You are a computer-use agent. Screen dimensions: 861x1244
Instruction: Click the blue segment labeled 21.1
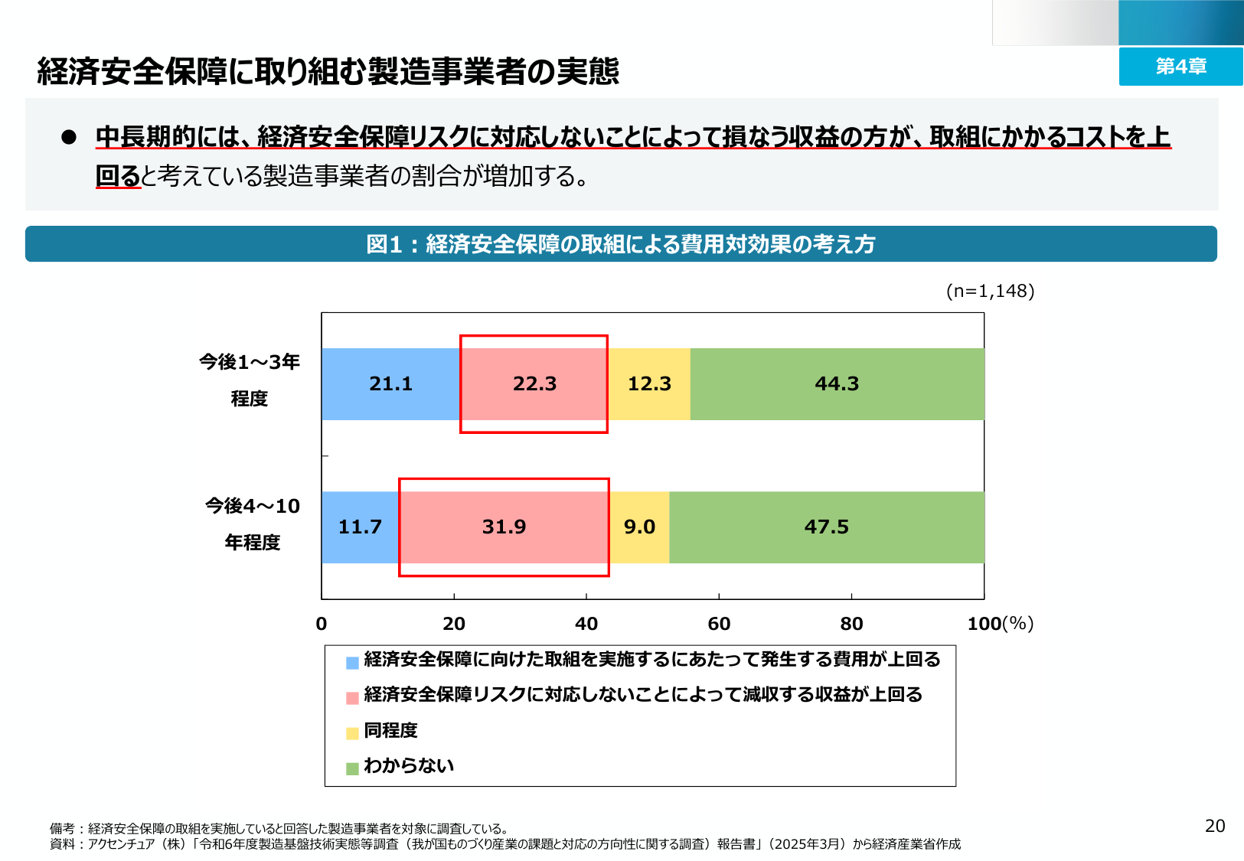click(x=390, y=383)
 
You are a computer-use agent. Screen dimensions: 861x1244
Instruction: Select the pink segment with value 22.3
click(x=534, y=383)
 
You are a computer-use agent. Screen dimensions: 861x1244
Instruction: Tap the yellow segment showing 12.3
click(x=649, y=383)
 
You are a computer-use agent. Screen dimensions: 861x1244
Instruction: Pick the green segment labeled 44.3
click(x=837, y=383)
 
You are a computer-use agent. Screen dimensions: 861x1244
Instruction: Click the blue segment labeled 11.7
click(x=360, y=527)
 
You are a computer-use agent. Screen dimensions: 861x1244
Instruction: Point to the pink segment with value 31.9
click(x=504, y=527)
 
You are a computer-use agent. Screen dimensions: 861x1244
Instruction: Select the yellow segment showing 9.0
click(x=639, y=527)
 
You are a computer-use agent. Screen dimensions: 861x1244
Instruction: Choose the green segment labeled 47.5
click(x=827, y=527)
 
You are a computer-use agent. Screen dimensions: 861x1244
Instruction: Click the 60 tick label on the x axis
click(x=719, y=624)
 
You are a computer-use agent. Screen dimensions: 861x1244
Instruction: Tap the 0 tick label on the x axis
click(x=322, y=624)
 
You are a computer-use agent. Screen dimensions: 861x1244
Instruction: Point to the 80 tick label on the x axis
click(x=851, y=624)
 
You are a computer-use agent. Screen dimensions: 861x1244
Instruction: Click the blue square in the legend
click(x=352, y=663)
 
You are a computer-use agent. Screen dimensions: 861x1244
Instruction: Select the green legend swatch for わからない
click(x=352, y=768)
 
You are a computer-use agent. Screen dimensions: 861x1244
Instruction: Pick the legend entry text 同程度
click(x=390, y=730)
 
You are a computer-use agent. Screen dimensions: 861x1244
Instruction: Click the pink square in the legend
click(x=352, y=698)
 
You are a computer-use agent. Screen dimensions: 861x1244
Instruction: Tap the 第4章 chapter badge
click(x=1180, y=67)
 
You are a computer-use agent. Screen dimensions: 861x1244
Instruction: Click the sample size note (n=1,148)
click(x=990, y=291)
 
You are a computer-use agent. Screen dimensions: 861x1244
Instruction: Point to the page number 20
click(x=1215, y=826)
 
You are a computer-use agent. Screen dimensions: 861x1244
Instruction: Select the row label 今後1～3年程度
click(x=250, y=380)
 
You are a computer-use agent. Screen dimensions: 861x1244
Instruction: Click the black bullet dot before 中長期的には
click(x=69, y=136)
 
